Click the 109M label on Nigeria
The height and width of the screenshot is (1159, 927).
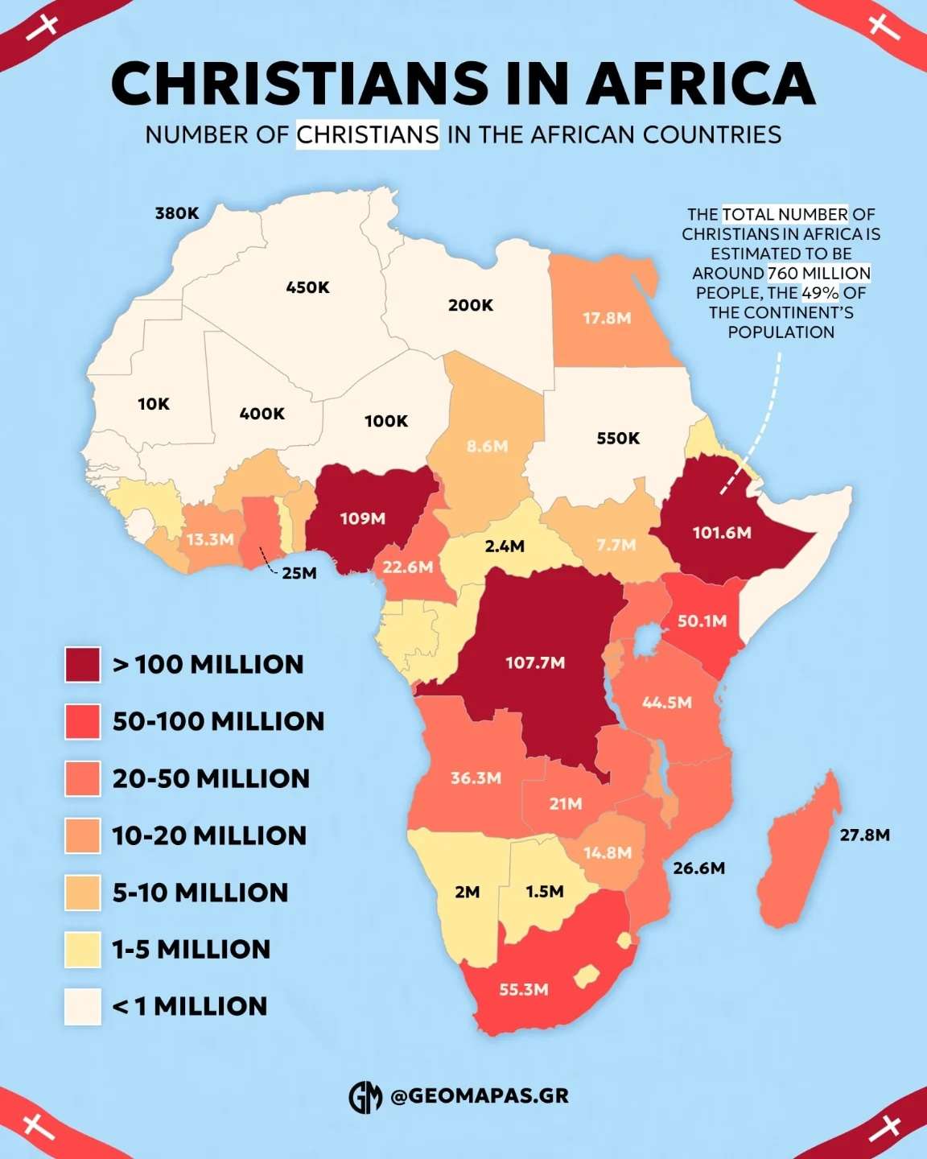(362, 518)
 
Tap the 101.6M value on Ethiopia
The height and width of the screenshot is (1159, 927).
(722, 533)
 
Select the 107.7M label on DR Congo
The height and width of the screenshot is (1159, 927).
(535, 662)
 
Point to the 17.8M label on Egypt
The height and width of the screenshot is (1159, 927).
(607, 318)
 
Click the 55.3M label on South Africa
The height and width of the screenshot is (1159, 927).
(523, 989)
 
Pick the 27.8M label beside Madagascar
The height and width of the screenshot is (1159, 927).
(865, 835)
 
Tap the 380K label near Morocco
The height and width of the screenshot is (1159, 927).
(177, 213)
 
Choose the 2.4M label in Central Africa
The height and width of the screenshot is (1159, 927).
(505, 547)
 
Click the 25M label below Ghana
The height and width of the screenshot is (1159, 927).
(299, 573)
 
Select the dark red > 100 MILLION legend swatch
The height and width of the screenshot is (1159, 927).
(83, 665)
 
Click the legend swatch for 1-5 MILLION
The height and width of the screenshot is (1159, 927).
(83, 950)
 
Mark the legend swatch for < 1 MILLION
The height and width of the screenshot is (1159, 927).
(83, 1007)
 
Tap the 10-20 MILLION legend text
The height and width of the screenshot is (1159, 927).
(209, 835)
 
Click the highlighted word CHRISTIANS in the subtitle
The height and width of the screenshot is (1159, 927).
(368, 134)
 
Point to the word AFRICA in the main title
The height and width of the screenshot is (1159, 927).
(701, 83)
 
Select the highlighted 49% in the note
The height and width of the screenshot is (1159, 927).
(820, 292)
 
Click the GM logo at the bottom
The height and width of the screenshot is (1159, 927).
(365, 1096)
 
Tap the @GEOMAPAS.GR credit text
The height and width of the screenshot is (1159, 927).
(480, 1096)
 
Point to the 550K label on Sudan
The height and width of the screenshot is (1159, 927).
(618, 439)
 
